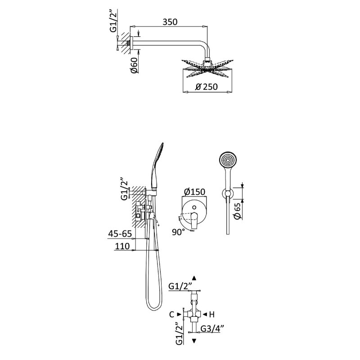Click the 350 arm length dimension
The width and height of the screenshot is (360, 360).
[x=170, y=22]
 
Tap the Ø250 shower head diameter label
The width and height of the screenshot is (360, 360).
[x=207, y=87]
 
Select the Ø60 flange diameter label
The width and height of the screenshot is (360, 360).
[x=135, y=65]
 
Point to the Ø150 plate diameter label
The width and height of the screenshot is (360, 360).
[x=195, y=192]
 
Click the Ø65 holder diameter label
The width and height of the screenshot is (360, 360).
[x=238, y=211]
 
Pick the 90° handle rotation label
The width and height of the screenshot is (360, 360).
[x=178, y=232]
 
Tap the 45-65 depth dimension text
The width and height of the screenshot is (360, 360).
[x=120, y=234]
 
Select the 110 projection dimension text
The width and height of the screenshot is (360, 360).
[x=122, y=246]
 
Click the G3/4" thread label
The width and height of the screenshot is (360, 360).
[x=211, y=328]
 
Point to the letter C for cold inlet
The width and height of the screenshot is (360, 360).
[x=171, y=314]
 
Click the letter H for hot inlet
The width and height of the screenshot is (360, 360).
[x=211, y=314]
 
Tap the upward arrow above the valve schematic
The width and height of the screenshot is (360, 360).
[x=194, y=278]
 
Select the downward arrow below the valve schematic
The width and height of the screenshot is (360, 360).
[x=194, y=341]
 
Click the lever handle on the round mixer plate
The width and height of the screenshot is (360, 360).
[x=194, y=220]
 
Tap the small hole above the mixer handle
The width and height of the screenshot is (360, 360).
[x=194, y=207]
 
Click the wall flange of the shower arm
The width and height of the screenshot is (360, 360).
[x=131, y=43]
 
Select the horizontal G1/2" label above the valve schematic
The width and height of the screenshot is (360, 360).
[x=180, y=286]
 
